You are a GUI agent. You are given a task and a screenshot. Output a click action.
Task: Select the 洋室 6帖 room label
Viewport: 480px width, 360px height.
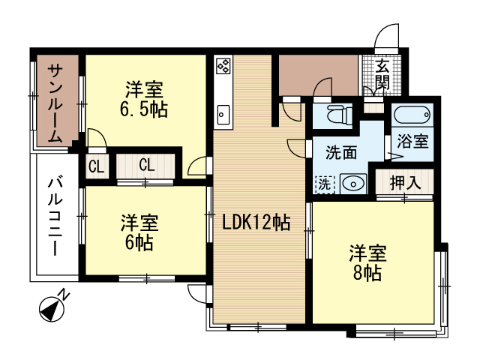139,232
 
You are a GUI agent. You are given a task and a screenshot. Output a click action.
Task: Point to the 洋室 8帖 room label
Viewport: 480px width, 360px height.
367,262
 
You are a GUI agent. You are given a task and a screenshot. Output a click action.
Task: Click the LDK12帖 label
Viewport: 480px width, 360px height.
256,222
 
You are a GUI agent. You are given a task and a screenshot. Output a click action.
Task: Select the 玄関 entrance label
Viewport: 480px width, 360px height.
382,73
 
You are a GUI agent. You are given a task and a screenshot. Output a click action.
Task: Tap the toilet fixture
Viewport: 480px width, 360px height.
334,115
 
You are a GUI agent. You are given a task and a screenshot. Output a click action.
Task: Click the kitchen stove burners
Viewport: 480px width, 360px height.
223,66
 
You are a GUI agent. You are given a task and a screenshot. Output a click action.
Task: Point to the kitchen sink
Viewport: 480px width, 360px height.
223,115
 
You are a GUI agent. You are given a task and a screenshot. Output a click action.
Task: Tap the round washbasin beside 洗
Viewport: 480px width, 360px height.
350,182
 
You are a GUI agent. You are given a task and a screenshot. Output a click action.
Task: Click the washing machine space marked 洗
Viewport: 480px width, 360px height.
322,182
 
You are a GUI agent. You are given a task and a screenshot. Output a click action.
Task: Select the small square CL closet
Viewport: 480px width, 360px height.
97,166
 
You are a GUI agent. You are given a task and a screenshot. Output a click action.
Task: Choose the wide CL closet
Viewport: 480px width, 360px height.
147,165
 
